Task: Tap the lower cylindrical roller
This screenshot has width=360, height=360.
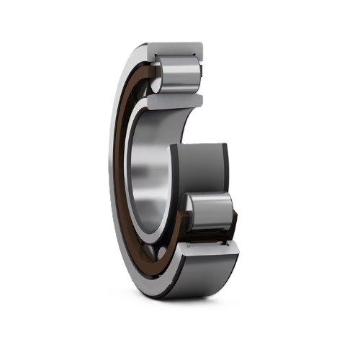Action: (x=210, y=212)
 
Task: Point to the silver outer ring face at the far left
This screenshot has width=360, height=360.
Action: (x=115, y=180)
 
